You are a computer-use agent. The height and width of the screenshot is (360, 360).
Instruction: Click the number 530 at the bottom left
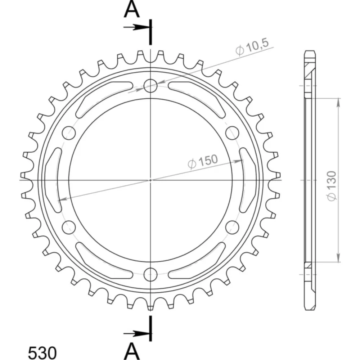pyautogui.click(x=42, y=352)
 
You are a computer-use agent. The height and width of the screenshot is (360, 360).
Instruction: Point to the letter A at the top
pyautogui.click(x=131, y=9)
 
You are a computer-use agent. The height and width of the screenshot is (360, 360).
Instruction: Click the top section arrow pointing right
pyautogui.click(x=137, y=27)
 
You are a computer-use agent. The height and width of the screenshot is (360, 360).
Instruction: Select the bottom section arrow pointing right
pyautogui.click(x=137, y=333)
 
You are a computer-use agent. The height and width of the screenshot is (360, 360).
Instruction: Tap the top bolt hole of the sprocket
pyautogui.click(x=150, y=86)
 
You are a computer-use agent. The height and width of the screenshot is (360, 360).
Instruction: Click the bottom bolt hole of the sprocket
pyautogui.click(x=150, y=274)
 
